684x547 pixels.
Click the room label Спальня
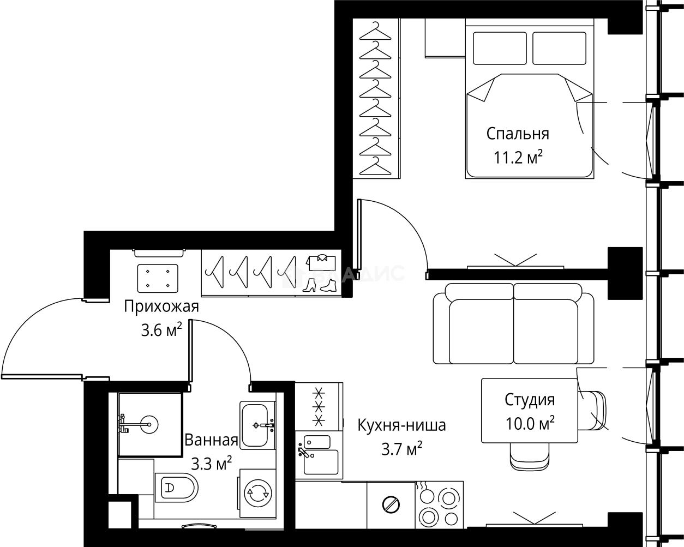click(x=517, y=134)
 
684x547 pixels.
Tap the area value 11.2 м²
click(x=518, y=158)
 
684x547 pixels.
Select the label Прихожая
click(x=161, y=306)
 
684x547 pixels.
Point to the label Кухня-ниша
click(x=401, y=425)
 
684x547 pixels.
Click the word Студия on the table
click(x=529, y=400)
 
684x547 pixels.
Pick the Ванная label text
click(x=211, y=440)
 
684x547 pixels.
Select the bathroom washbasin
click(x=258, y=424)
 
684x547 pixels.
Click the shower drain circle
click(x=148, y=423)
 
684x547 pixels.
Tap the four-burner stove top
click(x=439, y=505)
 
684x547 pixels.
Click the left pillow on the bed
click(x=499, y=48)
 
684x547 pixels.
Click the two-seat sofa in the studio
click(x=513, y=328)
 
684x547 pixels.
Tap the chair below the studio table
click(x=529, y=456)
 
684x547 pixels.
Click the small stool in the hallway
click(x=158, y=278)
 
